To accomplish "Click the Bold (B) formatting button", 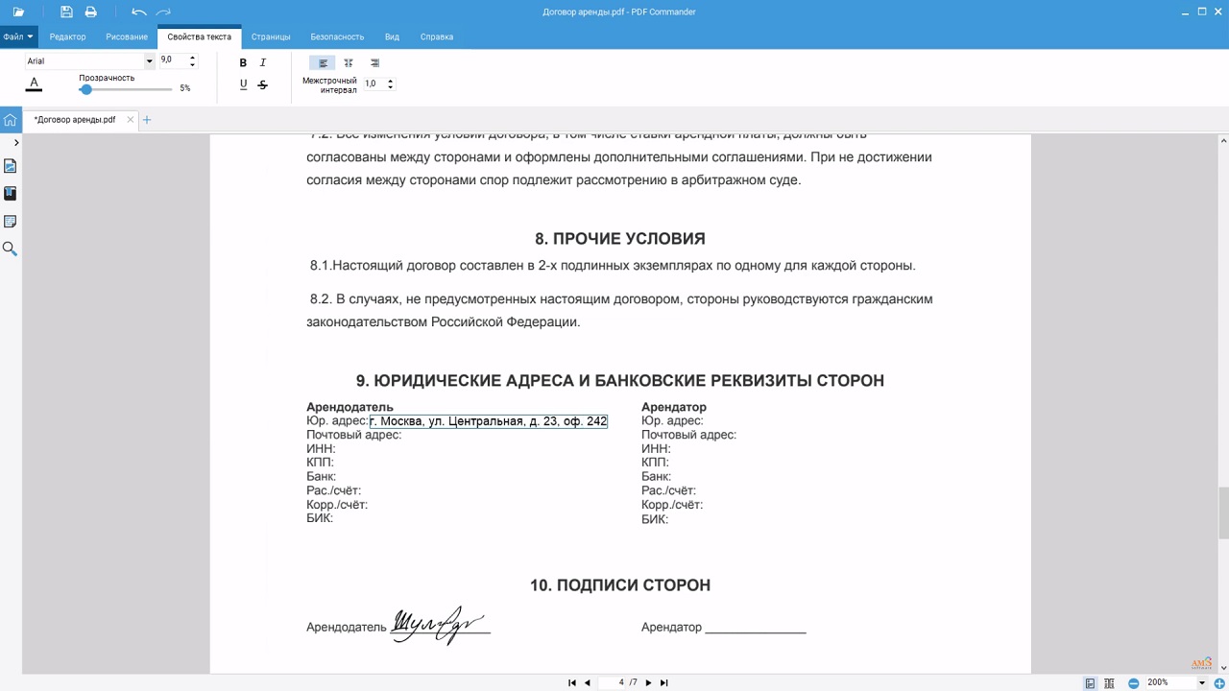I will (243, 62).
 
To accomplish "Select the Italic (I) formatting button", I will (263, 62).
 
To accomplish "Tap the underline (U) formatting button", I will (243, 84).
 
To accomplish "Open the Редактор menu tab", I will (67, 36).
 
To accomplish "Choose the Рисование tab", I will (127, 36).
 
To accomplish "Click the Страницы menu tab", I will (271, 36).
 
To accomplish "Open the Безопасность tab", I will (337, 36).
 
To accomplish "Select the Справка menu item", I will (437, 36).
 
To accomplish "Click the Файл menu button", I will (17, 36).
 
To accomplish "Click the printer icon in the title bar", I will (91, 12).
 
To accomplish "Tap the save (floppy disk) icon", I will (66, 12).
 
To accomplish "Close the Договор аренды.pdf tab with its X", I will (131, 120).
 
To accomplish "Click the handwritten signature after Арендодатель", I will (439, 625).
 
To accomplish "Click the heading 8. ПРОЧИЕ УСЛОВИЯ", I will (620, 239).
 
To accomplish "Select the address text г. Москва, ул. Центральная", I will (488, 421).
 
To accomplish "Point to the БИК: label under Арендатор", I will (655, 519).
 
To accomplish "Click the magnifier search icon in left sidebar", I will (10, 249).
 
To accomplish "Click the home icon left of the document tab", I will (10, 120).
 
